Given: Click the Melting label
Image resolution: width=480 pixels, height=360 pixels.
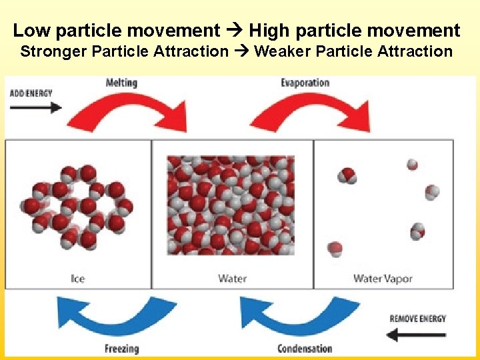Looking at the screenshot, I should point(121,83).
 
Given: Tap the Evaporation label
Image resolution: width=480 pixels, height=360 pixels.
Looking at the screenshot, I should point(305,83).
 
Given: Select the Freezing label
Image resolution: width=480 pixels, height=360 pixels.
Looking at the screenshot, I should point(122,349).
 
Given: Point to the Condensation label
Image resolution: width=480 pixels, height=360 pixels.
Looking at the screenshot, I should point(305,349).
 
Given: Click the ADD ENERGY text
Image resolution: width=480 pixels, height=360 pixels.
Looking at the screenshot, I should point(31,93).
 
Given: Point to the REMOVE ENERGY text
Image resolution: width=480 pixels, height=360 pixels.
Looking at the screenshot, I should point(418,319).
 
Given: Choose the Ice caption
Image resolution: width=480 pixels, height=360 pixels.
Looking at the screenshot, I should point(78,279).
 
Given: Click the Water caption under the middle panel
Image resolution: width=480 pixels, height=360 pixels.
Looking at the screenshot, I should point(232,279).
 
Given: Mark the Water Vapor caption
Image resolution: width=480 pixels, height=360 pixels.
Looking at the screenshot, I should point(382,279).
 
